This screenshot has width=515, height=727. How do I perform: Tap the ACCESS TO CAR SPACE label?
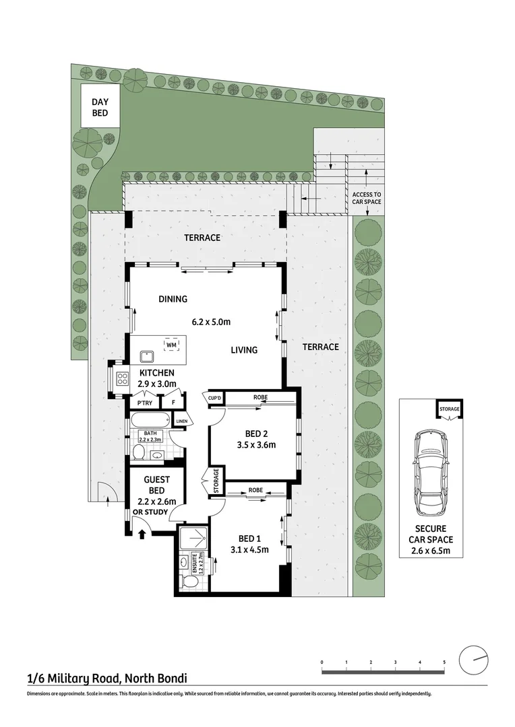point(367,199)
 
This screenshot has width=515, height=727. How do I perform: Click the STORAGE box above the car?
point(449,409)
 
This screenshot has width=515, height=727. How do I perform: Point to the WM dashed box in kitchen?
point(172,345)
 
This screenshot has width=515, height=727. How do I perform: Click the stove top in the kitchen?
point(122,378)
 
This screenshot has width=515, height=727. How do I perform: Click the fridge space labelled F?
point(173,403)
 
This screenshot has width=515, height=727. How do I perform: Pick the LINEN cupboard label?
point(181,422)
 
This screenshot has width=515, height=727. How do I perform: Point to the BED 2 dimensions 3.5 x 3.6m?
point(253,445)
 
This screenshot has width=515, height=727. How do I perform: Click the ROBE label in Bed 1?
point(255,490)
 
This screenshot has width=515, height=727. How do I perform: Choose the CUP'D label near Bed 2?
point(216,398)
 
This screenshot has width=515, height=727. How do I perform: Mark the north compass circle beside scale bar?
point(474,660)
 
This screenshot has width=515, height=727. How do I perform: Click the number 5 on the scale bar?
point(444,663)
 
